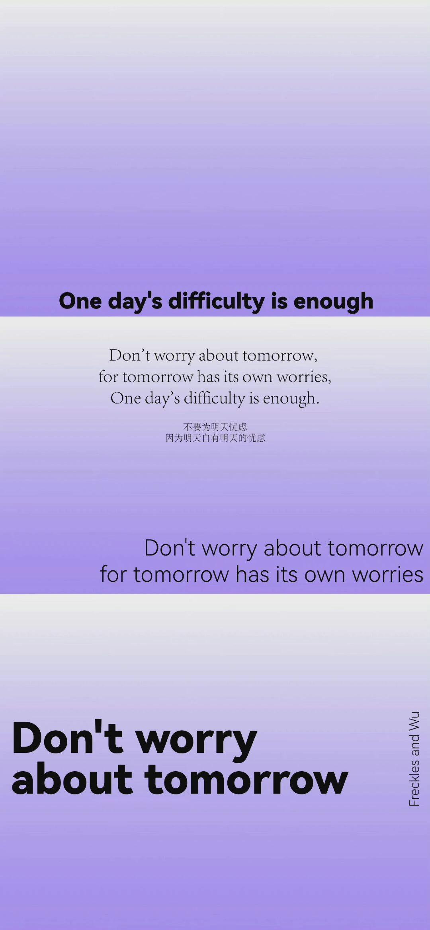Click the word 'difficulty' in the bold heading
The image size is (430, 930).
[216, 301]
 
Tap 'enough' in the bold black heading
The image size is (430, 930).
[334, 301]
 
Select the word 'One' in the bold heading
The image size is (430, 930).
[80, 301]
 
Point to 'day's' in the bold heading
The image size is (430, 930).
[135, 301]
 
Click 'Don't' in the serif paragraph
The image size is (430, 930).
[130, 355]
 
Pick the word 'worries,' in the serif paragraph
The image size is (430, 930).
[304, 376]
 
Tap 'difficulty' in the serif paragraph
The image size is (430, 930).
[214, 398]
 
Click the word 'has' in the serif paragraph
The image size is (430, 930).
[209, 376]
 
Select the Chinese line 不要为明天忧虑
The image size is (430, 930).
[215, 427]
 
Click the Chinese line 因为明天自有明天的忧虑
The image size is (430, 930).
[215, 438]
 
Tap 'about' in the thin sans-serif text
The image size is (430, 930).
[292, 548]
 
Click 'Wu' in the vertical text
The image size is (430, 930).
[414, 721]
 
